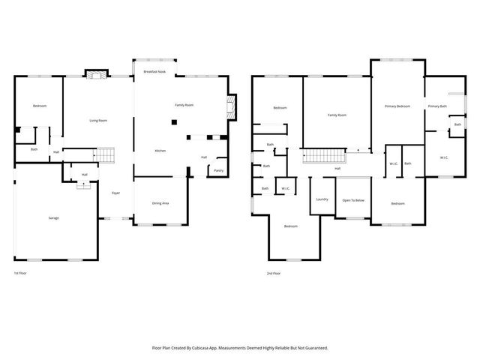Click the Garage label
(54, 218)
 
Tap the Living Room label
(98, 121)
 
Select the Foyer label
(116, 193)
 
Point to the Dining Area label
(160, 203)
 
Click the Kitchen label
(160, 151)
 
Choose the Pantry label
(218, 170)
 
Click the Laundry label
(322, 199)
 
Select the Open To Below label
(353, 200)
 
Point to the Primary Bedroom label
(397, 106)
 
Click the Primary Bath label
(437, 106)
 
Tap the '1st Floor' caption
(22, 273)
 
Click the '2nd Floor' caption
(274, 273)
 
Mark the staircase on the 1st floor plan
(106, 155)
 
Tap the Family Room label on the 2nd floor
(337, 115)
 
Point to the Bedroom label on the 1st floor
(40, 106)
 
